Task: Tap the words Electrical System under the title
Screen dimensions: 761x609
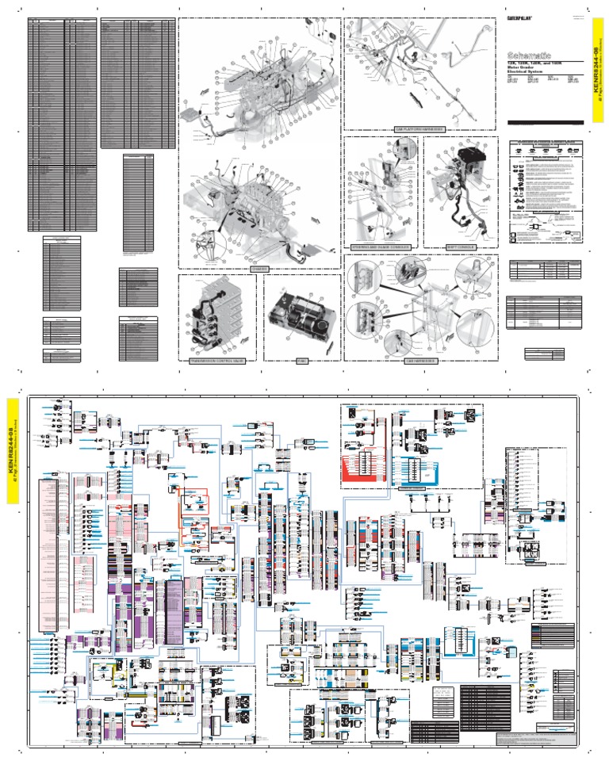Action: point(529,72)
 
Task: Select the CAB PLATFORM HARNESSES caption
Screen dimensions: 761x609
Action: point(419,128)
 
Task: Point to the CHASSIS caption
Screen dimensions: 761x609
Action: point(259,269)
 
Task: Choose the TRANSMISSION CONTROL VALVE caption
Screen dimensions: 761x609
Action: point(216,360)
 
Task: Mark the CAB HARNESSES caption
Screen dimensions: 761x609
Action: point(420,360)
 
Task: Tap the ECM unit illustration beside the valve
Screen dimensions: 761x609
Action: point(301,315)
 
